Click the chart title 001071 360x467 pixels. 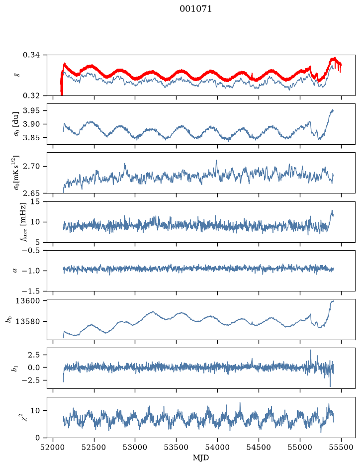[x=195, y=9]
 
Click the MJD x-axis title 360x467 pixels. [x=201, y=458]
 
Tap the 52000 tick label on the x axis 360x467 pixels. [x=53, y=447]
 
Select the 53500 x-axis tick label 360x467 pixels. [x=177, y=447]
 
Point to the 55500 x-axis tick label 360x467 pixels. [x=341, y=447]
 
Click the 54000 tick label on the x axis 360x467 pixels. [x=217, y=447]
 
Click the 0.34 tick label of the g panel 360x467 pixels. [x=31, y=55]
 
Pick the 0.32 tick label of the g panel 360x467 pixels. [x=31, y=95]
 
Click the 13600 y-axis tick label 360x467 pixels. [x=28, y=301]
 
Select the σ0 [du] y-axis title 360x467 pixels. [x=15, y=124]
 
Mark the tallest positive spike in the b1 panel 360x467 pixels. [x=311, y=350]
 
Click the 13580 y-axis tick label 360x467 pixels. [x=28, y=322]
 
